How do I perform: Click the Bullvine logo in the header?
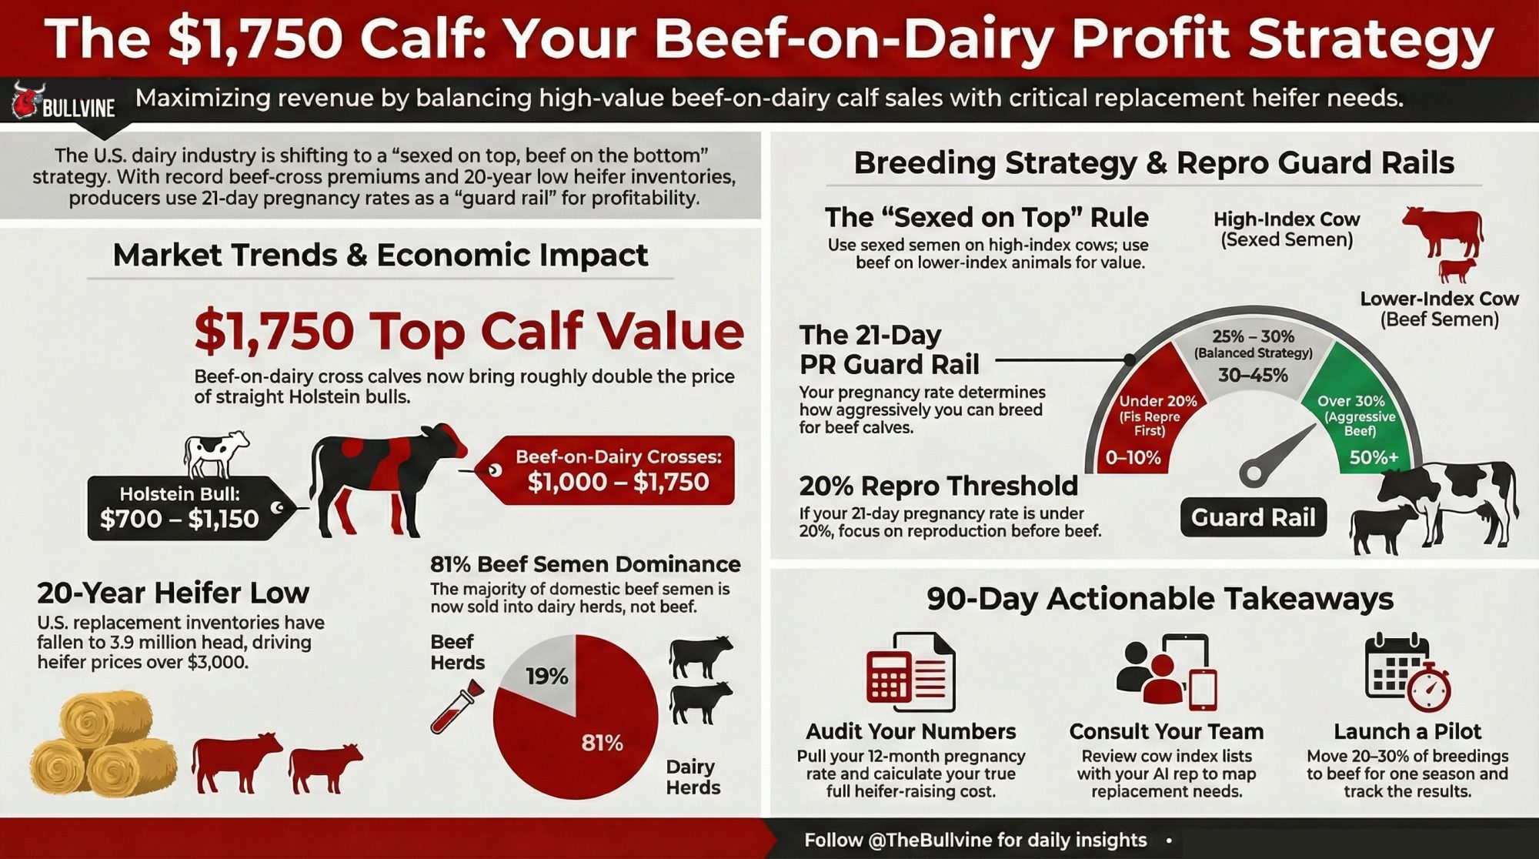click(64, 102)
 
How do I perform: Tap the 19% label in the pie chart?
click(547, 677)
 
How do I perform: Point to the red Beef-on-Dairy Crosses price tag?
click(608, 470)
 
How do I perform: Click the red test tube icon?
click(457, 706)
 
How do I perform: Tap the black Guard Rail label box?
click(1254, 517)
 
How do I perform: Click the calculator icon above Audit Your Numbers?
click(910, 672)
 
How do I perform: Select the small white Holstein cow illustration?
click(216, 454)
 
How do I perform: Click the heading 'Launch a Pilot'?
click(1407, 731)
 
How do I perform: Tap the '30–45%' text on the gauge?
click(1253, 376)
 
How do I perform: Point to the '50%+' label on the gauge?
click(1374, 458)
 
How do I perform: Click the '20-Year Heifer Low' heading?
click(173, 593)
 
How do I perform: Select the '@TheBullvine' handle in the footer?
click(930, 840)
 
